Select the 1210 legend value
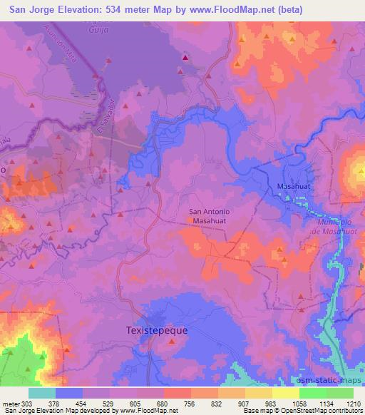354,404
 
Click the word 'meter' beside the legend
11,404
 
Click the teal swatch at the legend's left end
42,393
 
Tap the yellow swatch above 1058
285,393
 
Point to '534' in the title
120,10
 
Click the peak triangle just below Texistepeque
172,342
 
